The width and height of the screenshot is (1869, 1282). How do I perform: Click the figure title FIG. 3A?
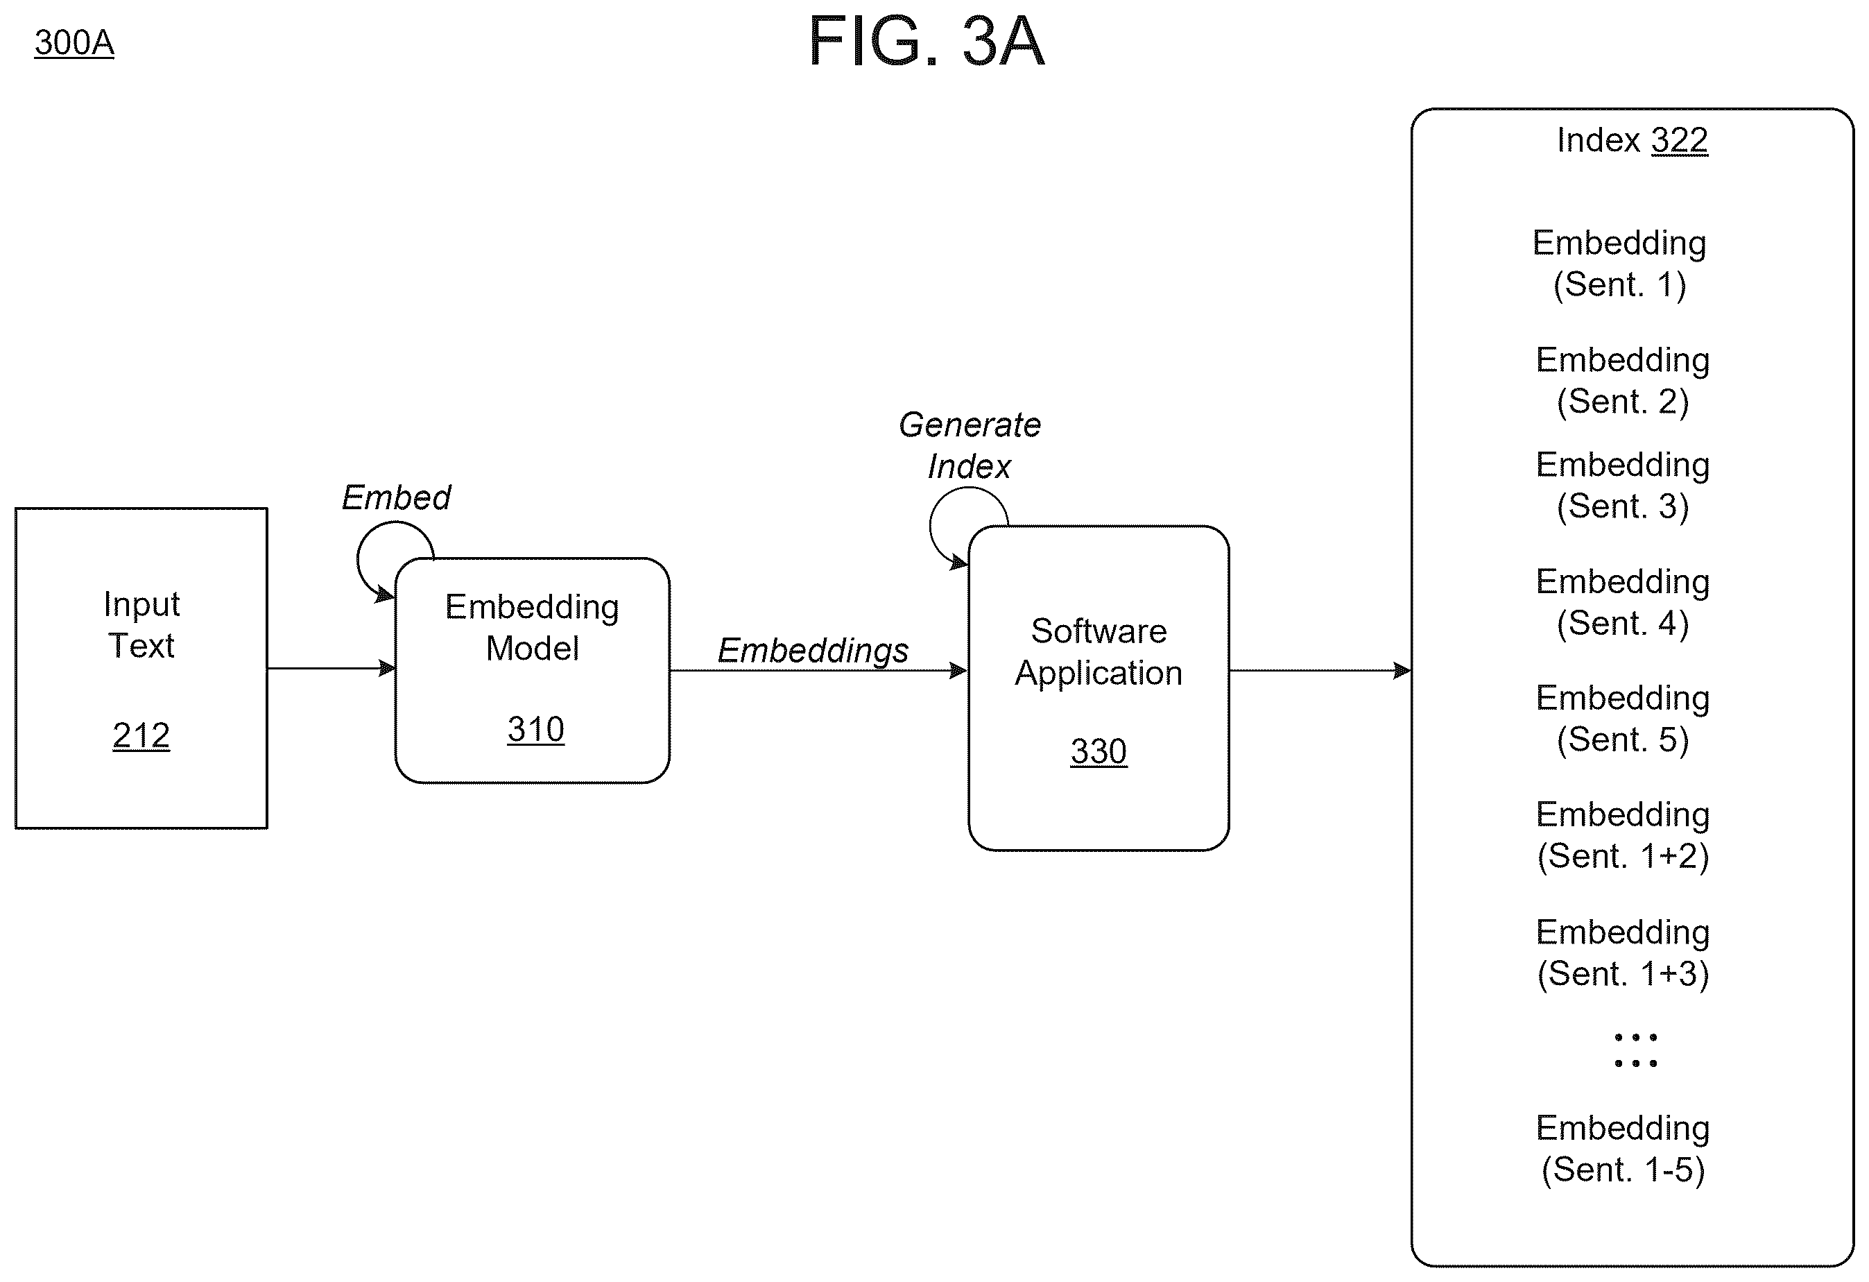pos(926,41)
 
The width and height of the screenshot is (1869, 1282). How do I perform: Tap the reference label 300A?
pos(74,42)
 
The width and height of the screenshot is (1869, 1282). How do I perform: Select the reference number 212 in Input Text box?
pos(141,735)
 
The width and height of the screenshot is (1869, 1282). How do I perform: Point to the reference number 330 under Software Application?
pos(1099,751)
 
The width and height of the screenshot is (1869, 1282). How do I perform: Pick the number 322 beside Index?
pos(1679,140)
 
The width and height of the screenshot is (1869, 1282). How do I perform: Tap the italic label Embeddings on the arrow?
pos(812,651)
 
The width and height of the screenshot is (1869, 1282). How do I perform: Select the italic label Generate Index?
pos(969,445)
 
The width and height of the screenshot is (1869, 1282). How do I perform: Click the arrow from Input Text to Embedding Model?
pos(331,668)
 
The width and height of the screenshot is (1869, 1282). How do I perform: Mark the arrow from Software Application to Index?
pos(1320,670)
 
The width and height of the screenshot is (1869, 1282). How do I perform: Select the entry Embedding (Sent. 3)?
pos(1622,486)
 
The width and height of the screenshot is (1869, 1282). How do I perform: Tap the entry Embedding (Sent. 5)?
pos(1622,719)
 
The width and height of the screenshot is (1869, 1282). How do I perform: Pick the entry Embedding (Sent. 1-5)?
pos(1622,1149)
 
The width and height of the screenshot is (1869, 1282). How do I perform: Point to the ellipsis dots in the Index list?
pos(1635,1050)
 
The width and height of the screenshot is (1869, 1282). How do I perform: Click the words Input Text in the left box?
pos(141,625)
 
